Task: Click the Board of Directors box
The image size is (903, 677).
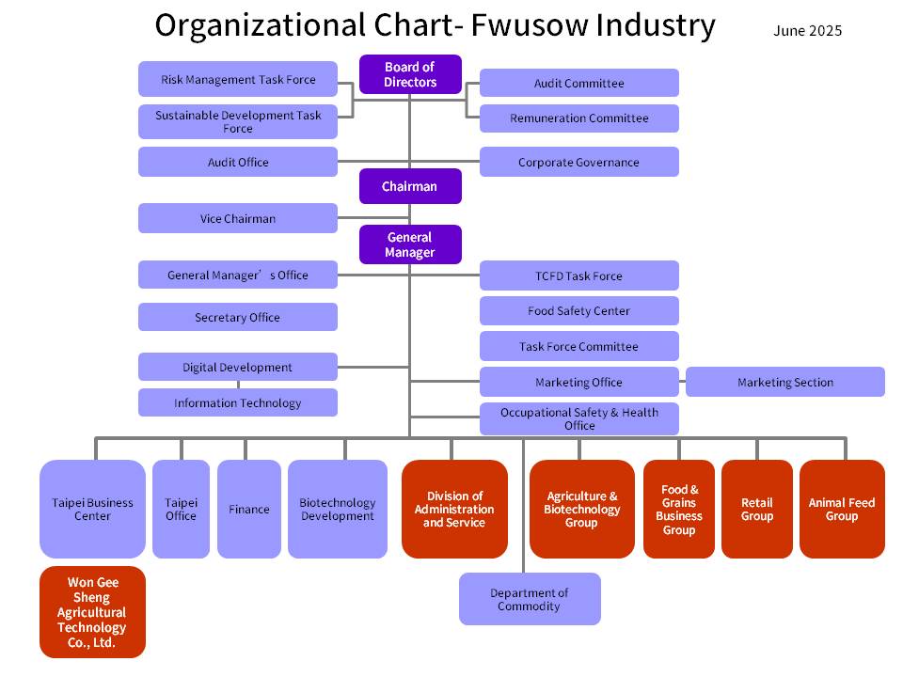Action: point(410,74)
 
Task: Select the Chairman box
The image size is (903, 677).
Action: point(410,186)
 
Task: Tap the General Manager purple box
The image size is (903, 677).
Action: point(410,244)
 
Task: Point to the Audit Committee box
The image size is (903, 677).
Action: point(578,83)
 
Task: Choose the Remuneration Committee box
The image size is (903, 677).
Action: point(578,118)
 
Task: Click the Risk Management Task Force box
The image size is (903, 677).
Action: point(238,80)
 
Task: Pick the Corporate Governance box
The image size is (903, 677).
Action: point(578,162)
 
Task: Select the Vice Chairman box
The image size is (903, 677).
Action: point(238,218)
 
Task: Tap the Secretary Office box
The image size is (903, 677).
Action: point(238,317)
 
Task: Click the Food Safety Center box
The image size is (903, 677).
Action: point(578,310)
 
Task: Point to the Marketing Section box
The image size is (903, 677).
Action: point(784,382)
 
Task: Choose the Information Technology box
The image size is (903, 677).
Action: point(238,402)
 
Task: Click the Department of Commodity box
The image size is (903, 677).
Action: point(530,599)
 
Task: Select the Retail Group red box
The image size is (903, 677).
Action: point(756,509)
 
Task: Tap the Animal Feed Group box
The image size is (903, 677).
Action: point(842,509)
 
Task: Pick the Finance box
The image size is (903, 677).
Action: point(249,509)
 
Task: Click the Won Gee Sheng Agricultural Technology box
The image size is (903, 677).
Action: point(92,611)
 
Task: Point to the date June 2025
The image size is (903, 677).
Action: point(807,31)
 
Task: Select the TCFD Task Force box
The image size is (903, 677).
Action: point(578,276)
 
